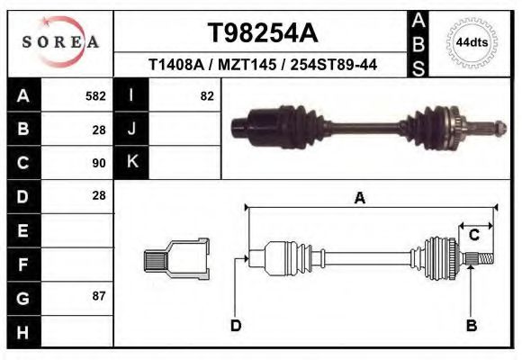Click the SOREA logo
pyautogui.click(x=60, y=42)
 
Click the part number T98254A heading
pyautogui.click(x=262, y=33)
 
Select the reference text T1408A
pyautogui.click(x=175, y=65)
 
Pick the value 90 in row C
pyautogui.click(x=98, y=163)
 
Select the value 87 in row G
pyautogui.click(x=98, y=295)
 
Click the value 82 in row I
pyautogui.click(x=206, y=96)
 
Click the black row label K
pyautogui.click(x=131, y=163)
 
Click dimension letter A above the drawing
pyautogui.click(x=359, y=199)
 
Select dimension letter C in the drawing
pyautogui.click(x=473, y=236)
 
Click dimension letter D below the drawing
pyautogui.click(x=236, y=326)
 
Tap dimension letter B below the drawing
pyautogui.click(x=471, y=326)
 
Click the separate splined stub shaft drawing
pyautogui.click(x=177, y=259)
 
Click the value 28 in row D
pyautogui.click(x=98, y=195)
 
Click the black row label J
pyautogui.click(x=131, y=130)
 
